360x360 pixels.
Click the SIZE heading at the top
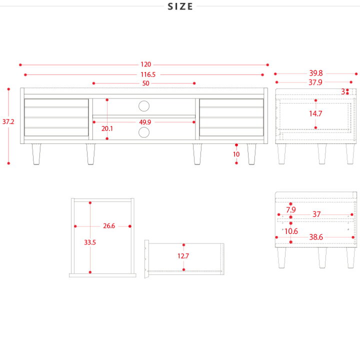click(180, 6)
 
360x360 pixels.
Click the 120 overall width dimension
click(146, 64)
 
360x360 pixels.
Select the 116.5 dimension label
click(148, 74)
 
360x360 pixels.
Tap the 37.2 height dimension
click(8, 121)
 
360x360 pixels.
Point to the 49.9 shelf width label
click(145, 122)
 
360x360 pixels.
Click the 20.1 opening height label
click(107, 128)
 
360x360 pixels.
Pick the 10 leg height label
click(236, 154)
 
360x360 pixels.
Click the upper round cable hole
click(144, 106)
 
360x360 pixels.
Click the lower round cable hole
click(144, 132)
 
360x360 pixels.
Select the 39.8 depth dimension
click(316, 73)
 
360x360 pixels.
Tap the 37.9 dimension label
click(315, 82)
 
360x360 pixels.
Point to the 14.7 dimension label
click(315, 113)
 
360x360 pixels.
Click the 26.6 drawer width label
click(109, 226)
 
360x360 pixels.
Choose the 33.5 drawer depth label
click(90, 242)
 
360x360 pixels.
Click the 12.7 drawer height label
click(183, 256)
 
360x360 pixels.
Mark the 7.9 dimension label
click(291, 209)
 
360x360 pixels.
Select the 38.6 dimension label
click(316, 237)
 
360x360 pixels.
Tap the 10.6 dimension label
click(291, 231)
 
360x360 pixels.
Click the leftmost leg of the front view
click(36, 154)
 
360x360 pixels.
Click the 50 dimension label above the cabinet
click(146, 83)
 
